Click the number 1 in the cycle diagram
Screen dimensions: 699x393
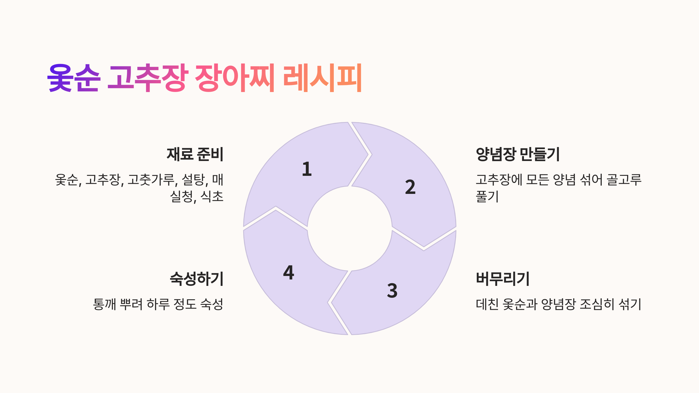click(x=307, y=169)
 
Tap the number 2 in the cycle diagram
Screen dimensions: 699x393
click(x=410, y=187)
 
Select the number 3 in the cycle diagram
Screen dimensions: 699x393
click(x=392, y=291)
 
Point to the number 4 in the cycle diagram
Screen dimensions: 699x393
click(x=289, y=273)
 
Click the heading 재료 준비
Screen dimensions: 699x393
click(x=195, y=154)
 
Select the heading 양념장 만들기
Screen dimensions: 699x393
click(x=518, y=154)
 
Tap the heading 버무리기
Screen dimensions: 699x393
click(x=502, y=279)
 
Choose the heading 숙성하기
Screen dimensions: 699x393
click(x=197, y=279)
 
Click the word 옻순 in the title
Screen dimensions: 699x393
click(x=74, y=78)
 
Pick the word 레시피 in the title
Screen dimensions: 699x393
click(x=322, y=78)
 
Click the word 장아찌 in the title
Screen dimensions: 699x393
click(x=235, y=78)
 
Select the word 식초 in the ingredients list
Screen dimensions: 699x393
click(x=212, y=196)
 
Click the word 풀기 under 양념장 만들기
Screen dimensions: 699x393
click(x=487, y=196)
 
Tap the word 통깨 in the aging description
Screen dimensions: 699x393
click(x=104, y=305)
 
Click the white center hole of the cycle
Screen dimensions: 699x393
click(x=349, y=229)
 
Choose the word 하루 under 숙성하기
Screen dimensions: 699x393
click(x=158, y=305)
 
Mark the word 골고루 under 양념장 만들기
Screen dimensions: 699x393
click(x=624, y=180)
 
